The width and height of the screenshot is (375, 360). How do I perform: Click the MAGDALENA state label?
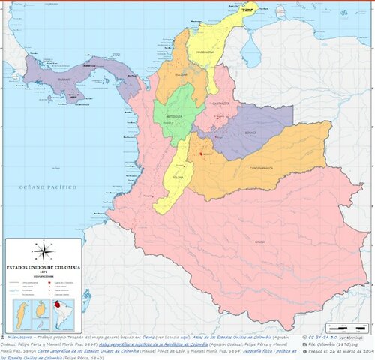(205, 52)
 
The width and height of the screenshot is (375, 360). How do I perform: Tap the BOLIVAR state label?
(181, 75)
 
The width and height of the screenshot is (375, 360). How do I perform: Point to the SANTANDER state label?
(220, 103)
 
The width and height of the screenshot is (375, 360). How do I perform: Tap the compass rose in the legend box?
(44, 250)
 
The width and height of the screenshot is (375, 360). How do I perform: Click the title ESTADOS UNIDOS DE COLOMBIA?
(43, 266)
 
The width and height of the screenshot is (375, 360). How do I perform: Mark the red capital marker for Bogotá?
(202, 155)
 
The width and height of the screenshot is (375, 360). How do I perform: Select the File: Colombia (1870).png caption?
(339, 346)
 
